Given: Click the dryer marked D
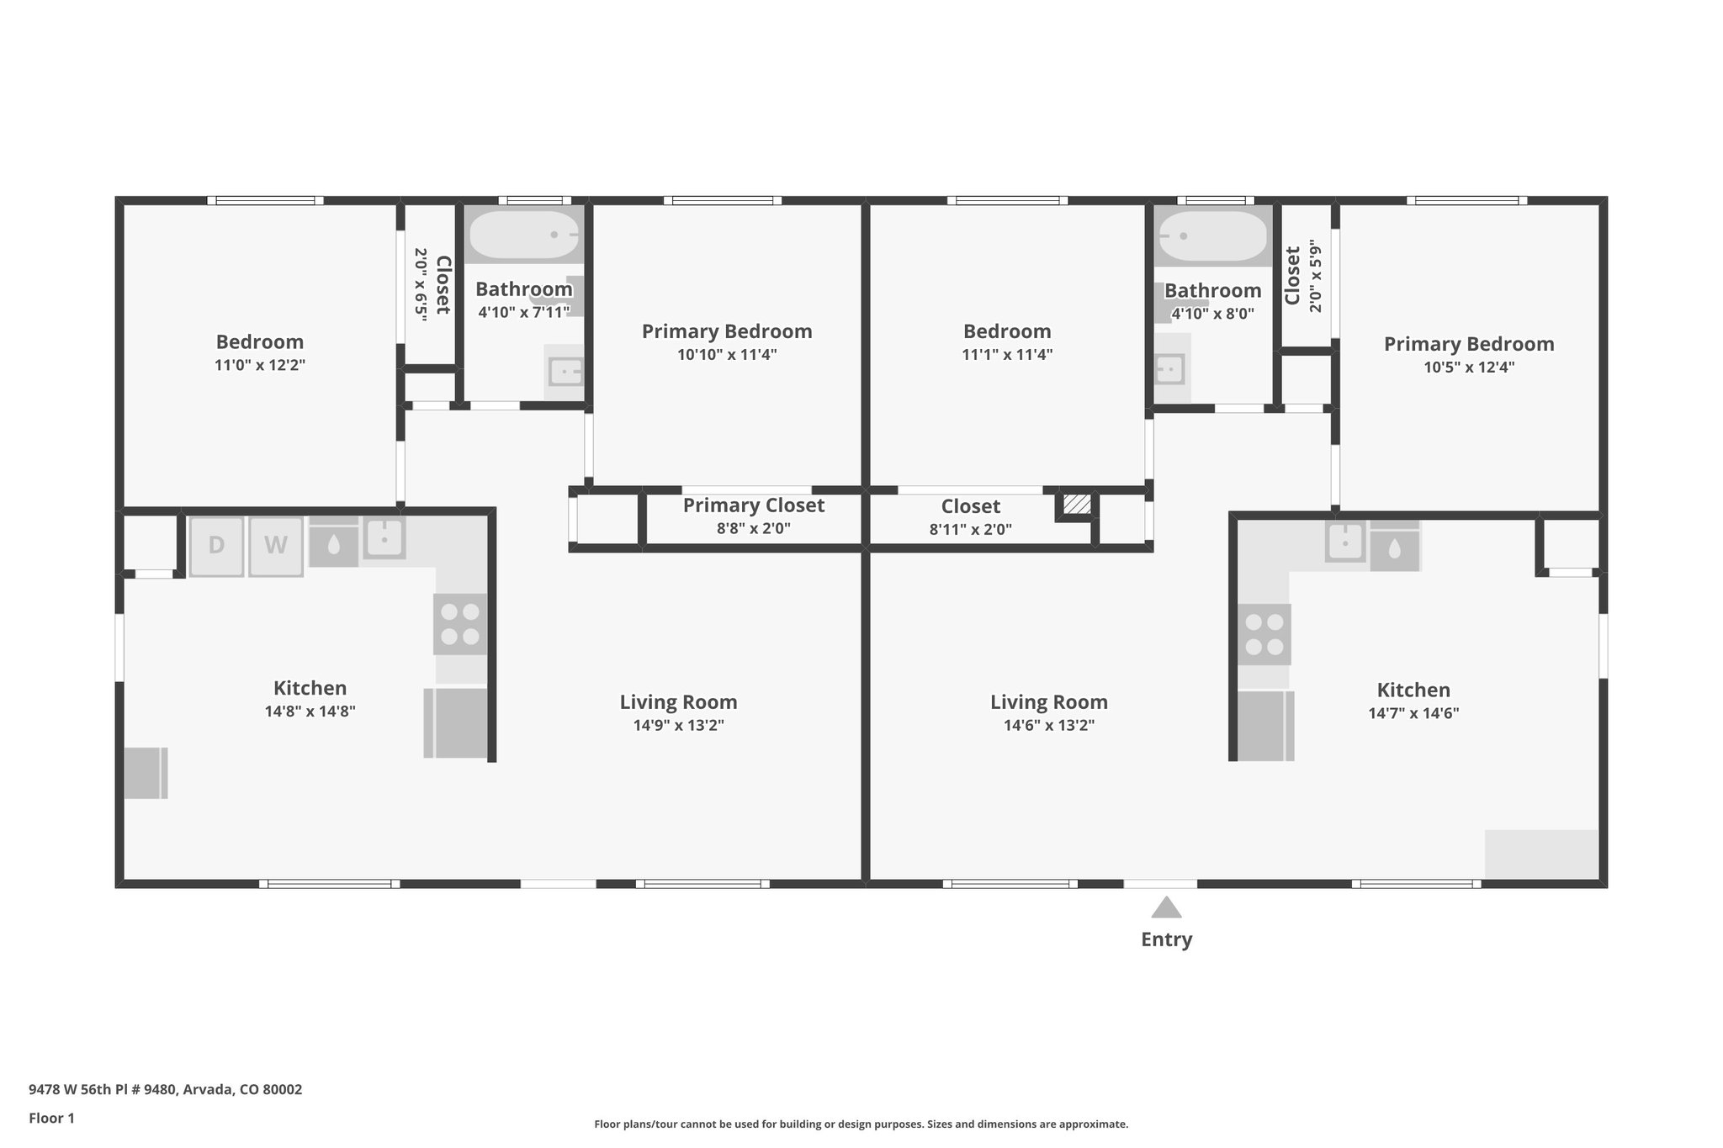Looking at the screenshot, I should point(216,546).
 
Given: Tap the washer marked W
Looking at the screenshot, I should point(276,546).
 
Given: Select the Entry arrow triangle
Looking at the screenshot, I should point(1166,907).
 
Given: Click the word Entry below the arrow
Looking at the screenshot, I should point(1166,939).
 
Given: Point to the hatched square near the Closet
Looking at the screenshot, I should point(1077,505).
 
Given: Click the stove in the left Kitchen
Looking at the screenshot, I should point(460,624).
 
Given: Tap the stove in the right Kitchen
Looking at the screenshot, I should point(1264,634).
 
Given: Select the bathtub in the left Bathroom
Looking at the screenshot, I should point(523,235).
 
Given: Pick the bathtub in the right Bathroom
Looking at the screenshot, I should point(1211,236).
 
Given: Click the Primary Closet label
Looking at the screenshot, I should point(753,505).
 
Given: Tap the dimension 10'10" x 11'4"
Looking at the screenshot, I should point(727,354).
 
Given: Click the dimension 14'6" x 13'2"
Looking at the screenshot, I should point(1048,725).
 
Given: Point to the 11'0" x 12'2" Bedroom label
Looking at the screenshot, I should point(259,342).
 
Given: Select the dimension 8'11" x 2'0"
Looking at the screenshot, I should point(970,529).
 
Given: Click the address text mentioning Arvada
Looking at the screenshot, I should point(165,1089).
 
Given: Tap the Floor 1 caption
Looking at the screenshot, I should point(51,1118).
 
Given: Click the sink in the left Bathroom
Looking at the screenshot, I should point(565,371).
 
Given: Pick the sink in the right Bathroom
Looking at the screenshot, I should point(1169,368).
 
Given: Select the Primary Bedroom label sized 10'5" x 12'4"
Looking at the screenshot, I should point(1468,344).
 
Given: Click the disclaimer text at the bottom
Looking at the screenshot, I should point(861,1124).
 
